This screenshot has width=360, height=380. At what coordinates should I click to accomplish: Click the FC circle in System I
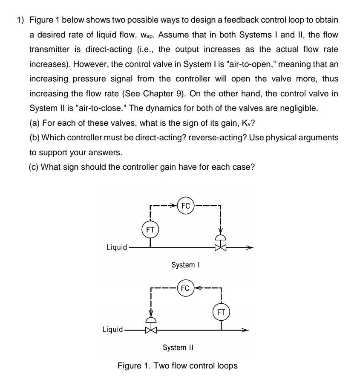(186, 206)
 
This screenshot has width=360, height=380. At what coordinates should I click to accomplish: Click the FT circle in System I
(150, 229)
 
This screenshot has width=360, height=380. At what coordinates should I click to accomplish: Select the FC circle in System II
(185, 288)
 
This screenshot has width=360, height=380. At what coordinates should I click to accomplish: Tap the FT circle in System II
(221, 312)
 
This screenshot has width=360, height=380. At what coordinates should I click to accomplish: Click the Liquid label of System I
(117, 247)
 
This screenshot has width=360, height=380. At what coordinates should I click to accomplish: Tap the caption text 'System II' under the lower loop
(178, 347)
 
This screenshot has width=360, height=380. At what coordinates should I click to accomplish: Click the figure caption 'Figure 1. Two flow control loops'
(178, 365)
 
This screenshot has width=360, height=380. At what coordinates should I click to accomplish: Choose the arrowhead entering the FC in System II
(198, 288)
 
